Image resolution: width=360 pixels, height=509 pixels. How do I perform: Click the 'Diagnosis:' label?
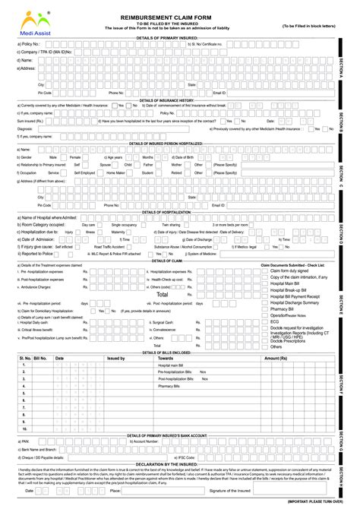click(x=24, y=129)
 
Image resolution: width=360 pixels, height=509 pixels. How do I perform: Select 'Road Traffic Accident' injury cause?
click(x=110, y=246)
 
